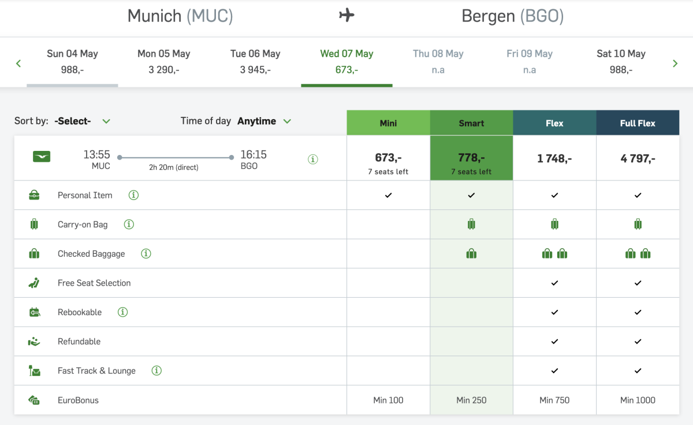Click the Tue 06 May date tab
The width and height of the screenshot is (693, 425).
(x=255, y=61)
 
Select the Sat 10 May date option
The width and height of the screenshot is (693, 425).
(x=621, y=61)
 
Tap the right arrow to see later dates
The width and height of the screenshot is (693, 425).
(x=675, y=63)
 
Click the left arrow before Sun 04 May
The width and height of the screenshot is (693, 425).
(x=18, y=63)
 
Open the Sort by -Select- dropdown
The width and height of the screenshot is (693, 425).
(x=81, y=121)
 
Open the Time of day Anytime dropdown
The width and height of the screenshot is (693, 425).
(x=264, y=121)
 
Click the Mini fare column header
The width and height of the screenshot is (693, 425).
(x=388, y=123)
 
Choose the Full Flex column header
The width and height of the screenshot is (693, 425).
(x=638, y=123)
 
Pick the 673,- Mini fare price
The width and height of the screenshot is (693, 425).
(x=388, y=158)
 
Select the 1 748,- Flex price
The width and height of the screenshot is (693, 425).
(x=554, y=158)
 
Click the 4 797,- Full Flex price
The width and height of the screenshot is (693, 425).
(x=638, y=158)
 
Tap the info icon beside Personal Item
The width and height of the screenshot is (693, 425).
(x=133, y=195)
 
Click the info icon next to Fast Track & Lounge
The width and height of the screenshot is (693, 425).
(x=157, y=371)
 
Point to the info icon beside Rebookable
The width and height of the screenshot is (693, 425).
(x=122, y=312)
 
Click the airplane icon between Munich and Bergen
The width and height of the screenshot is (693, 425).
(x=346, y=16)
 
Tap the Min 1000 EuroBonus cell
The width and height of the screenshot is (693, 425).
(x=638, y=400)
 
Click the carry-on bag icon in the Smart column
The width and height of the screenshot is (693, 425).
(x=471, y=224)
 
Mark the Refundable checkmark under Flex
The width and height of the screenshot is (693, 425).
(x=554, y=342)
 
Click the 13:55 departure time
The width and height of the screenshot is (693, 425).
(x=96, y=155)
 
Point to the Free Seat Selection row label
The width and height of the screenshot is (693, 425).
(x=94, y=283)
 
